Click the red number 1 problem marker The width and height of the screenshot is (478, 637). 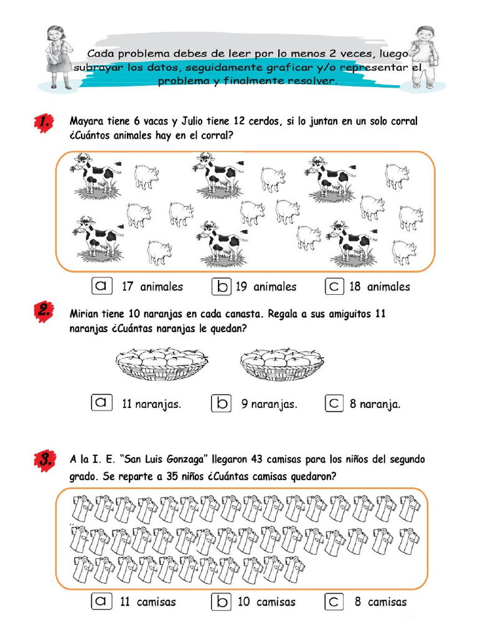(x=43, y=123)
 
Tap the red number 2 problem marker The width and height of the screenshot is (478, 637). (x=43, y=313)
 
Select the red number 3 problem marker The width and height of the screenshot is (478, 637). (x=43, y=461)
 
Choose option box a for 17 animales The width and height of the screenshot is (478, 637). (x=101, y=286)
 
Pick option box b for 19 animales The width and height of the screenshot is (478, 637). (x=222, y=286)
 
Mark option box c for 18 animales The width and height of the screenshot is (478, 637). (x=334, y=286)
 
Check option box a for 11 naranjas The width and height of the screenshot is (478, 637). (x=101, y=403)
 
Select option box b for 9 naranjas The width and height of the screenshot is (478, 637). (x=222, y=403)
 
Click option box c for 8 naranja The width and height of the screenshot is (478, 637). (x=334, y=403)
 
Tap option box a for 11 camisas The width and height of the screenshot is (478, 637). (x=101, y=602)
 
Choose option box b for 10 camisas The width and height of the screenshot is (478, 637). (x=222, y=602)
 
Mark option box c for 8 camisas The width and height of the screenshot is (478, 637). (x=334, y=602)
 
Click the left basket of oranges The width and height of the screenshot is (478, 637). (x=161, y=364)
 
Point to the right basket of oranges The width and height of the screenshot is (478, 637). (x=282, y=364)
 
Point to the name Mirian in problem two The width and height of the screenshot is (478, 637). (x=85, y=314)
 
